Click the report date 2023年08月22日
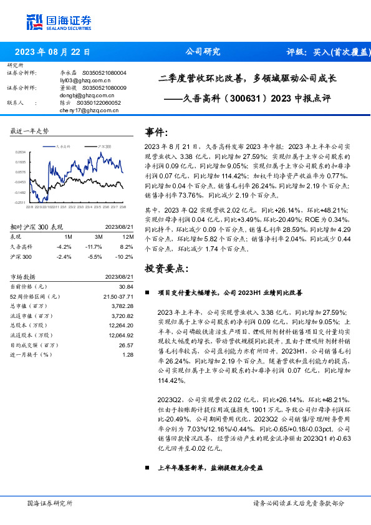click(53, 52)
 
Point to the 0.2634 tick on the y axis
click(21, 152)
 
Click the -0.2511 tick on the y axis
click(21, 203)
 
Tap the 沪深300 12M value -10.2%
click(125, 256)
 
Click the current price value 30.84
click(127, 286)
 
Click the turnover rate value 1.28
click(128, 354)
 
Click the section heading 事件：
click(158, 132)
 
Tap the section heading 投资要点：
click(165, 269)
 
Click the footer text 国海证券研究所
click(50, 503)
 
